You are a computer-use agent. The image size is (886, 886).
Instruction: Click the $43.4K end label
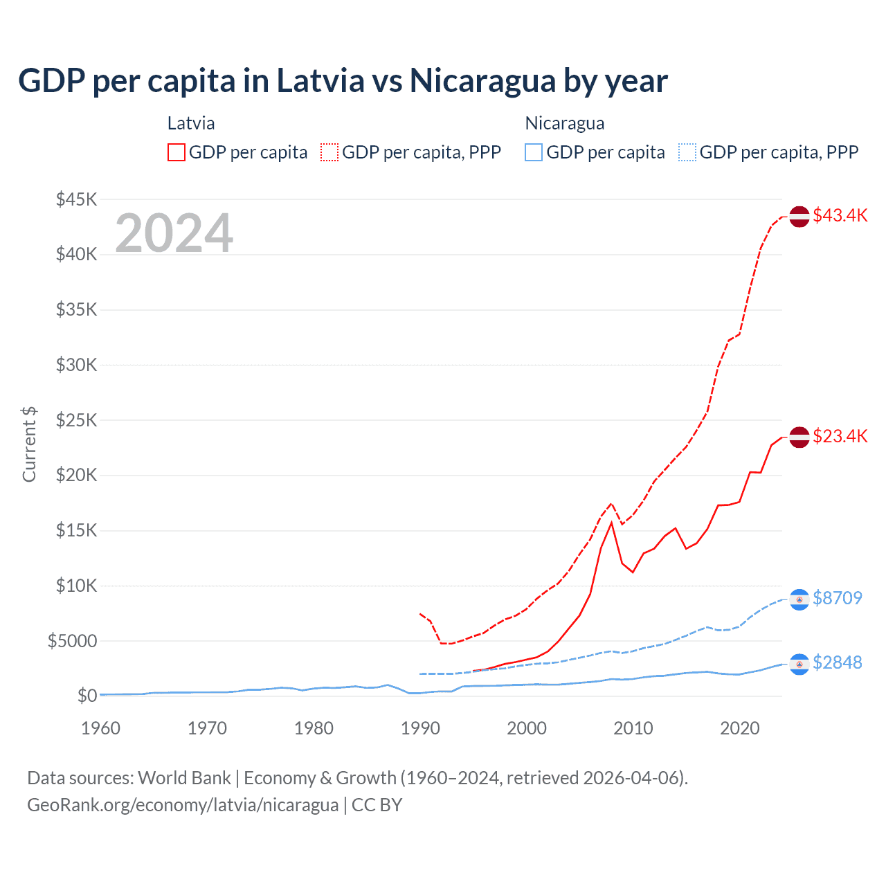point(840,215)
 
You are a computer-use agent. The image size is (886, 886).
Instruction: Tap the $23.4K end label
point(840,436)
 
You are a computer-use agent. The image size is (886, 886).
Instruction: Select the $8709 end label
point(838,598)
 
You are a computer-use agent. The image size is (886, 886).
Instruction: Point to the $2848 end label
point(838,662)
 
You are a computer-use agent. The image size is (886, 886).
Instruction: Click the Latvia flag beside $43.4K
point(799,216)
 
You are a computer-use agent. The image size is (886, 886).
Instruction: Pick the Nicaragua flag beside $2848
point(799,664)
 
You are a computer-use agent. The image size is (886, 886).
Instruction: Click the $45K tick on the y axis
point(77,199)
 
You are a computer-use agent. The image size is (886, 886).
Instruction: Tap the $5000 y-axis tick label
point(73,641)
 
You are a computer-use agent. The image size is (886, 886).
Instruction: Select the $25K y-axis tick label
point(77,420)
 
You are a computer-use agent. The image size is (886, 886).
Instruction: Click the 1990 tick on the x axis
point(420,728)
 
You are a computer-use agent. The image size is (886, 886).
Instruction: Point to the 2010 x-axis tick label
point(633,728)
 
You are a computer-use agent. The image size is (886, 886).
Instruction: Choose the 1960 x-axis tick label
point(101,728)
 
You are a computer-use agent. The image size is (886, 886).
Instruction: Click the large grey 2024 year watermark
point(174,233)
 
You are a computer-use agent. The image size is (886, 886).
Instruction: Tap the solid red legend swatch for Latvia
point(177,152)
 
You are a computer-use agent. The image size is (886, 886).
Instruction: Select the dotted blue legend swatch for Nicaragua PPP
point(687,152)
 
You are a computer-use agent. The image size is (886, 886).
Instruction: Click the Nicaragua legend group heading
point(565,123)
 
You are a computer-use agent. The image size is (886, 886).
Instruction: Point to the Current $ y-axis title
point(29,444)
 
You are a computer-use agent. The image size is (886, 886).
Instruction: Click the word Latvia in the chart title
point(320,80)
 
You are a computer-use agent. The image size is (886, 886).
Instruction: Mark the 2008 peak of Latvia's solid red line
point(611,523)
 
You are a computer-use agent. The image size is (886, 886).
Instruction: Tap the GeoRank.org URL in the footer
point(183,805)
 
